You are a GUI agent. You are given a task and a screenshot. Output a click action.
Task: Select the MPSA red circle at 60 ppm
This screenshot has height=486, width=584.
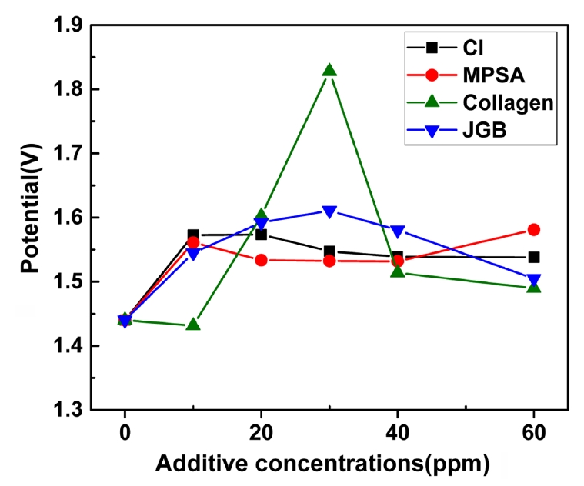[533, 229]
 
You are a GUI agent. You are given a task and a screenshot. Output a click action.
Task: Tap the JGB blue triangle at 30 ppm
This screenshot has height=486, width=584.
[329, 211]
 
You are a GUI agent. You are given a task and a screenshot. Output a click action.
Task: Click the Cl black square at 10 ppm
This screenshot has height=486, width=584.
[193, 235]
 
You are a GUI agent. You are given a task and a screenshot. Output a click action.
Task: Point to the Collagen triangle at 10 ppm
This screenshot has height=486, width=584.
[193, 325]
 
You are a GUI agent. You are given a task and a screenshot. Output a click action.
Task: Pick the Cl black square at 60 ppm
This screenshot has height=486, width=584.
[533, 257]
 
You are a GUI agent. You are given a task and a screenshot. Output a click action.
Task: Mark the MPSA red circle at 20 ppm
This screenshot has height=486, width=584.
[262, 260]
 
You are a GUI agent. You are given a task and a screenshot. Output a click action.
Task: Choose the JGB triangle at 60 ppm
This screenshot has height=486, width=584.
[533, 279]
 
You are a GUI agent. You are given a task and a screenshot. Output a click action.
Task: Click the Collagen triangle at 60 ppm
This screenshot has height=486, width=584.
[533, 287]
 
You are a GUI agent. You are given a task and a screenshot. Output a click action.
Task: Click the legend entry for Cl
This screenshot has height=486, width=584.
[451, 47]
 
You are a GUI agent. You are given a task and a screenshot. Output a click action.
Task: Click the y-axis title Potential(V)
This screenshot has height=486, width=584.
[29, 217]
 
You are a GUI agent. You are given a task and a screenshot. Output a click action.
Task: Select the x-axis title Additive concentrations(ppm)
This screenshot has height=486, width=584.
[322, 464]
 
